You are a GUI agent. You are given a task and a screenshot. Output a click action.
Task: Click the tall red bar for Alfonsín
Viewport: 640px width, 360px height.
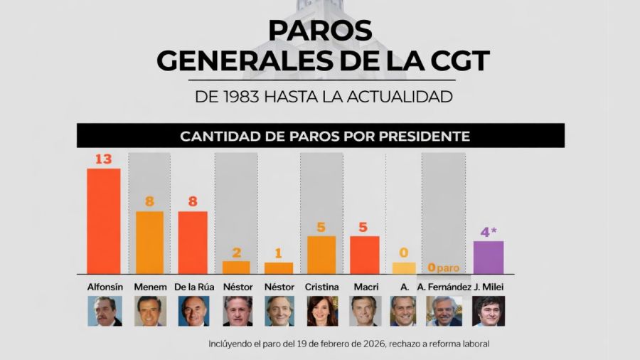tap(104, 221)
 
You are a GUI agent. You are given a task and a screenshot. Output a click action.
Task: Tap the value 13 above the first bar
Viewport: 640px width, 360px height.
tap(104, 159)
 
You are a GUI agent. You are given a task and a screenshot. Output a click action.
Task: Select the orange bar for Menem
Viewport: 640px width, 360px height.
tap(149, 243)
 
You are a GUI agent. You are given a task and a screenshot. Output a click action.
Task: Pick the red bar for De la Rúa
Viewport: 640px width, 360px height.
tap(193, 243)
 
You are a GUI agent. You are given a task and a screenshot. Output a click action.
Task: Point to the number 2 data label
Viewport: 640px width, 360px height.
tap(236, 252)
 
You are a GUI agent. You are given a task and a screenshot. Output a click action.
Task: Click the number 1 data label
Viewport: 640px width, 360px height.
tap(279, 253)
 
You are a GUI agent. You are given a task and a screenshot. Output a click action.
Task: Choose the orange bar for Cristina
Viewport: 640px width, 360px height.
tap(321, 255)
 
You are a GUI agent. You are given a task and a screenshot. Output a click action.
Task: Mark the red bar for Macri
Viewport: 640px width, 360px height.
tap(364, 255)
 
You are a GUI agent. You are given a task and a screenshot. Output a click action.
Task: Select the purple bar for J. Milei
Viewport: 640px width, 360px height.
tap(489, 258)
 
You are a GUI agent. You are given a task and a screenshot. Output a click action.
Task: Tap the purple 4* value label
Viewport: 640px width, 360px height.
tap(489, 232)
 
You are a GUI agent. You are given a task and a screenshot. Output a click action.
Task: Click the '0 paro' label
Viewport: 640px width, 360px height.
tap(443, 268)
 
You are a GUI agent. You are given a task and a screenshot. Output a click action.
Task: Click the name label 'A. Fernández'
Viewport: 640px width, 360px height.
tap(444, 287)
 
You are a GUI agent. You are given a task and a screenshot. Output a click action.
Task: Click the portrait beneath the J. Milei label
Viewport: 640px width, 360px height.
tap(489, 311)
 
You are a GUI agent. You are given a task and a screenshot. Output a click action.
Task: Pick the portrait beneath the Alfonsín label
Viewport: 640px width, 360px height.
tap(105, 311)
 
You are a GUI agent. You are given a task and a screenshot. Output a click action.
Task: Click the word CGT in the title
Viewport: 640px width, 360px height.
tap(454, 60)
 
